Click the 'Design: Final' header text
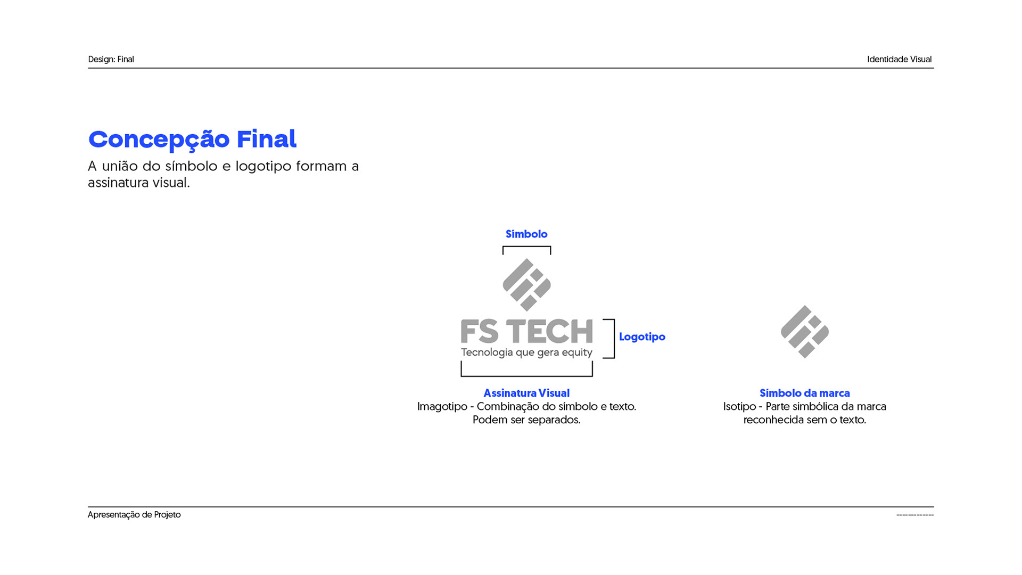click(111, 59)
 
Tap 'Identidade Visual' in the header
click(899, 59)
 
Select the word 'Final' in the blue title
click(266, 139)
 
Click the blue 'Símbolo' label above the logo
click(526, 234)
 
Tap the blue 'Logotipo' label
click(642, 337)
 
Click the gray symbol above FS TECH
click(526, 285)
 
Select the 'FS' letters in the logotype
click(480, 332)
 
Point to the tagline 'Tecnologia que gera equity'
click(526, 352)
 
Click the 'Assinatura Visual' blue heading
click(526, 393)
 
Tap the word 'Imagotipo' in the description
click(442, 407)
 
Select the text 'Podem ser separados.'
click(526, 420)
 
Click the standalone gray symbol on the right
click(804, 332)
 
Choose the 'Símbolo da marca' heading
click(804, 393)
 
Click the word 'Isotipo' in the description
click(739, 407)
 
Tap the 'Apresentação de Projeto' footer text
click(134, 515)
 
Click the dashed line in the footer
click(914, 515)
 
